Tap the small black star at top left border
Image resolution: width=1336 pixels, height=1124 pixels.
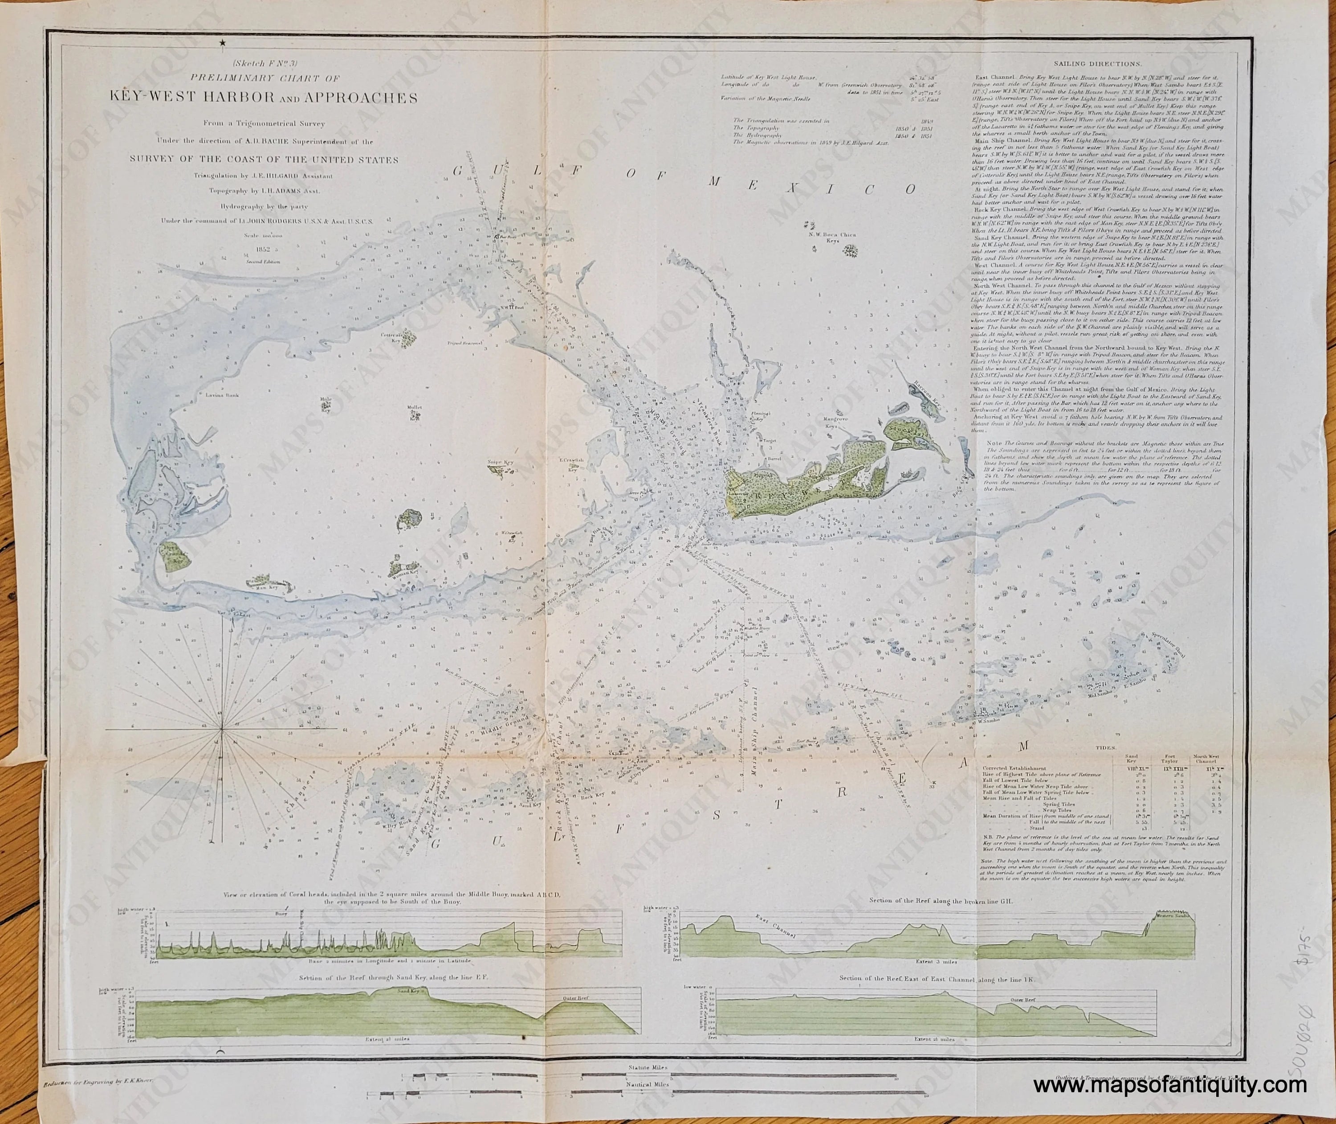[x=223, y=43]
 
